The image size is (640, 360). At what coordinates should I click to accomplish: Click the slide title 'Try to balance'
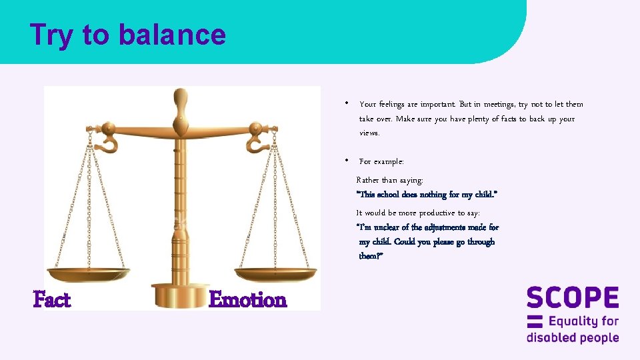pyautogui.click(x=128, y=35)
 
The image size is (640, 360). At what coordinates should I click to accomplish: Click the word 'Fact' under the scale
pyautogui.click(x=52, y=300)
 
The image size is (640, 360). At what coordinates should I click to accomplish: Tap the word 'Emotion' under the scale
pyautogui.click(x=247, y=300)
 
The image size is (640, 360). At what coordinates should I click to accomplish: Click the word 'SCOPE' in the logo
pyautogui.click(x=573, y=298)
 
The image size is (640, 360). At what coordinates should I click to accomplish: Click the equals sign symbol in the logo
pyautogui.click(x=535, y=321)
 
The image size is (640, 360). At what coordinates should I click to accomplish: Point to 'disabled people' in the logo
pyautogui.click(x=573, y=337)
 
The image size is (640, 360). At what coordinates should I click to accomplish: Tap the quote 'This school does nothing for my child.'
pyautogui.click(x=427, y=195)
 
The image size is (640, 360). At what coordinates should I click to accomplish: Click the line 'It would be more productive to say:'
pyautogui.click(x=418, y=213)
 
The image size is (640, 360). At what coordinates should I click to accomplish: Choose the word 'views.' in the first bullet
pyautogui.click(x=370, y=133)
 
